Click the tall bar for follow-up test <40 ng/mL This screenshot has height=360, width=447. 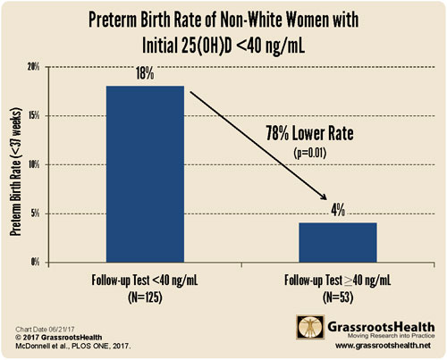144,173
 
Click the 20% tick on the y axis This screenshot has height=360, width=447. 32,67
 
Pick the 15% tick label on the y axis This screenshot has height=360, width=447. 32,116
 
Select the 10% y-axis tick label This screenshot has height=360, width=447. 32,164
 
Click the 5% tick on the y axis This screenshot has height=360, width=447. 34,213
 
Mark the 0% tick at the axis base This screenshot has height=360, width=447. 34,262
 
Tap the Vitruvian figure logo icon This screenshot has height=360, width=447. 307,329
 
